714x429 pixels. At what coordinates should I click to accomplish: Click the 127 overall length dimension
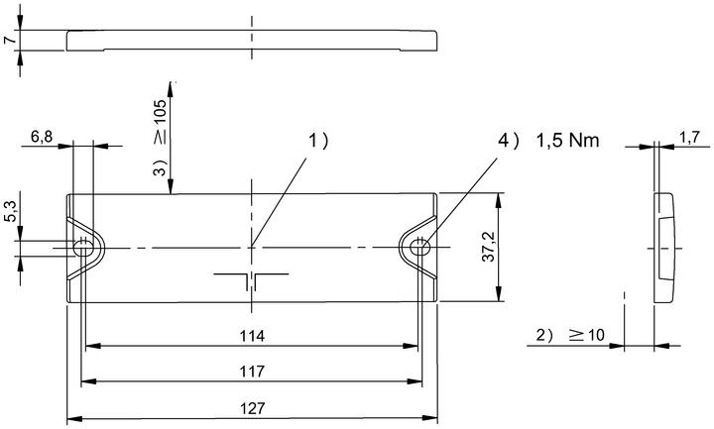[252, 408]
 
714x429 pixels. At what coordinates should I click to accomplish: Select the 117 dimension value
[252, 372]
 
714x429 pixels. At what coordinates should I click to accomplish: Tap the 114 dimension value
[252, 336]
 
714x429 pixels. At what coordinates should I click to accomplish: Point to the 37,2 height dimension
[489, 247]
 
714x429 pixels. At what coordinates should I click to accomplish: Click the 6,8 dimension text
[42, 136]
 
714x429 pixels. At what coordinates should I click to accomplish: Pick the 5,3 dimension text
[11, 212]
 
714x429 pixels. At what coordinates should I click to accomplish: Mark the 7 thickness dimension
[10, 40]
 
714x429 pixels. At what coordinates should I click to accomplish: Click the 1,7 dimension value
[689, 138]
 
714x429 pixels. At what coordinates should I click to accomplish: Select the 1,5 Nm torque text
[567, 141]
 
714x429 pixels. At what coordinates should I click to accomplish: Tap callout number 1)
[318, 141]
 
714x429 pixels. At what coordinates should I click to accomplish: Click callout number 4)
[508, 141]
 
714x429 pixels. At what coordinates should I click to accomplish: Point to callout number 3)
[161, 167]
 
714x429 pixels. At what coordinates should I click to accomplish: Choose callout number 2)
[545, 335]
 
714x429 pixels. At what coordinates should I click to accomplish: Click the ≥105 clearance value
[161, 122]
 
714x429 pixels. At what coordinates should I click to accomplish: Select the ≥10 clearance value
[586, 335]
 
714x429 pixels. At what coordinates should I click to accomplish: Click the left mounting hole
[82, 249]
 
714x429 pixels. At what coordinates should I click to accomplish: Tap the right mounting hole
[418, 248]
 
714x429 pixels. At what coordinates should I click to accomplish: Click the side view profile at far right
[663, 248]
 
